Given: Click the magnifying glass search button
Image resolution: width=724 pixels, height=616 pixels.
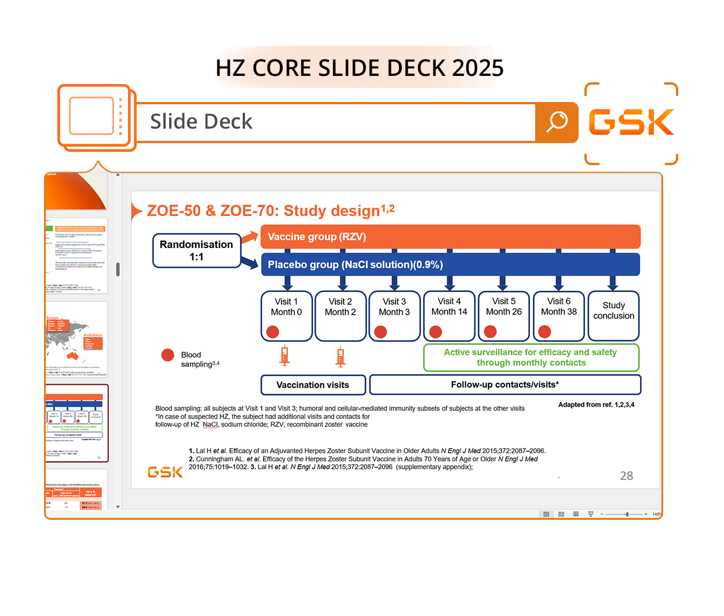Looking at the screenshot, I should [x=557, y=122].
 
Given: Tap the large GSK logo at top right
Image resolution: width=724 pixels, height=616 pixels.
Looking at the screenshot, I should [x=631, y=122].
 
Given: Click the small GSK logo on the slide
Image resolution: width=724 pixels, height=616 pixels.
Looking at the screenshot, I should [x=165, y=472].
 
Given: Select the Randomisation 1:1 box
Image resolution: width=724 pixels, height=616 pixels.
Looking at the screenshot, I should [x=196, y=250].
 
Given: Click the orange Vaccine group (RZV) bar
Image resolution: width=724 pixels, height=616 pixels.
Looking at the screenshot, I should [x=451, y=236].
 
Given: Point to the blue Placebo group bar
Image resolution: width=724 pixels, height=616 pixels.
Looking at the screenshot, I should [x=451, y=264].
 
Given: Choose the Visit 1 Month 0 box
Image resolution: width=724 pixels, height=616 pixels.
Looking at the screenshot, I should [x=286, y=315].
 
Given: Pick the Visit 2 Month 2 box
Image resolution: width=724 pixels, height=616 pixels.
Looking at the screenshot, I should [x=341, y=315].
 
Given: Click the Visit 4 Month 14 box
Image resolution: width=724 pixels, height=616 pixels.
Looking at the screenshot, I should [x=449, y=315].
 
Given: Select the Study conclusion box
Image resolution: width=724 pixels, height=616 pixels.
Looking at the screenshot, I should [x=613, y=315].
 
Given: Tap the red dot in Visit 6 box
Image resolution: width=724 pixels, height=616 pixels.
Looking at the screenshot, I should [x=544, y=331].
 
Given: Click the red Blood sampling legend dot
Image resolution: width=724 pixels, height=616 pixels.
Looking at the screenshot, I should [x=168, y=355].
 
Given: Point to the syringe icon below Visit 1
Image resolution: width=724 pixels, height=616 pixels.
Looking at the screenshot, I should [x=284, y=355].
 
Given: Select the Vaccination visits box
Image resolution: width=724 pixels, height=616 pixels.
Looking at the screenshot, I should [x=313, y=385].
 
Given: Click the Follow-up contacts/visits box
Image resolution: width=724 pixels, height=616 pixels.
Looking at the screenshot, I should [x=505, y=384].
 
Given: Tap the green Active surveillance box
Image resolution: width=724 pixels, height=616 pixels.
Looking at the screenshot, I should [x=531, y=358].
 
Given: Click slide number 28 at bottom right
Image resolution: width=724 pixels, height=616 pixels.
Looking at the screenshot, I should [x=626, y=476].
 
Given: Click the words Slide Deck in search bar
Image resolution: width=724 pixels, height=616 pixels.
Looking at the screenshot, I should [x=201, y=122].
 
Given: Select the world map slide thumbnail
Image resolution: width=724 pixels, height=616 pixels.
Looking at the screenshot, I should [x=76, y=338].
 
